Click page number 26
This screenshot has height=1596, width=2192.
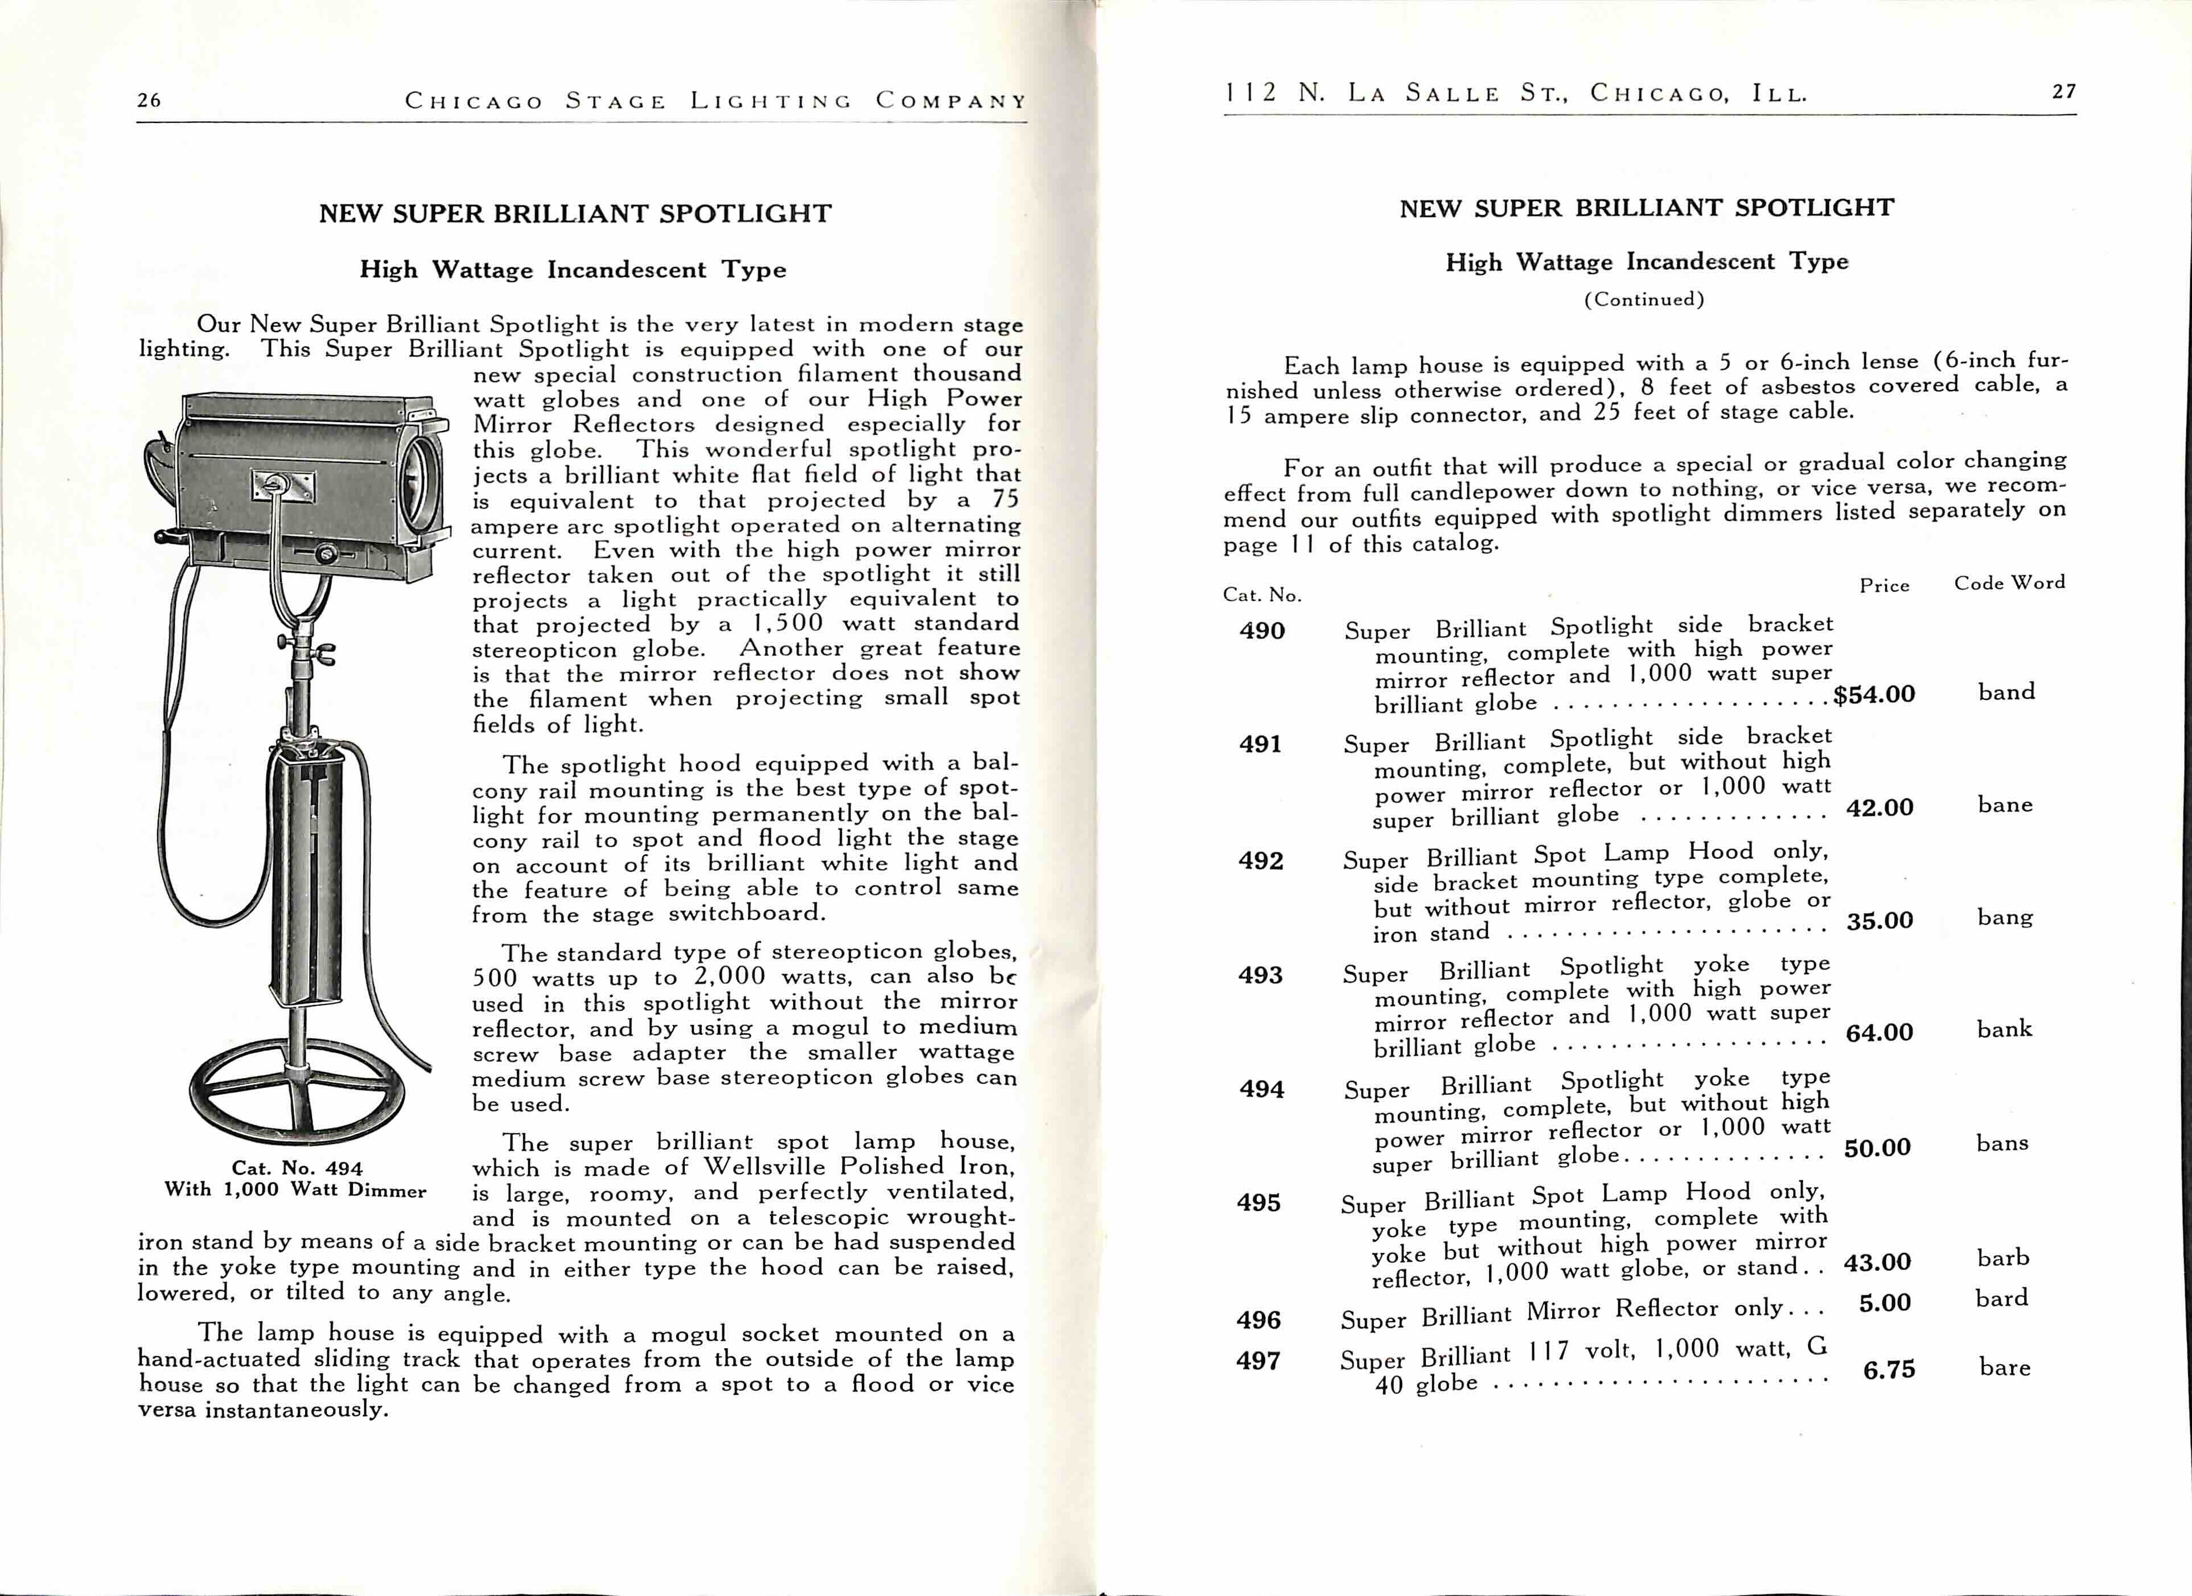pyautogui.click(x=149, y=100)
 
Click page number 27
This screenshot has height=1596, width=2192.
pyautogui.click(x=2063, y=92)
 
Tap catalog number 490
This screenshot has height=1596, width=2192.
pyautogui.click(x=1261, y=631)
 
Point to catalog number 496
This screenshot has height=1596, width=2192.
pyautogui.click(x=1259, y=1319)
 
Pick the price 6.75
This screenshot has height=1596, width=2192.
pyautogui.click(x=1887, y=1370)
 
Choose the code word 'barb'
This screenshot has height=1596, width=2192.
pyautogui.click(x=2002, y=1258)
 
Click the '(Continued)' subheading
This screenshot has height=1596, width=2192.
pyautogui.click(x=1643, y=299)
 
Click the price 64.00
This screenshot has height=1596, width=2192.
pyautogui.click(x=1879, y=1032)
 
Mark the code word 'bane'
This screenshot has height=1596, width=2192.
pyautogui.click(x=2005, y=805)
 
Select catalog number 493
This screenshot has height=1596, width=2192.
pyautogui.click(x=1260, y=974)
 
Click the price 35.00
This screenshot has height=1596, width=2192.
pyautogui.click(x=1879, y=920)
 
